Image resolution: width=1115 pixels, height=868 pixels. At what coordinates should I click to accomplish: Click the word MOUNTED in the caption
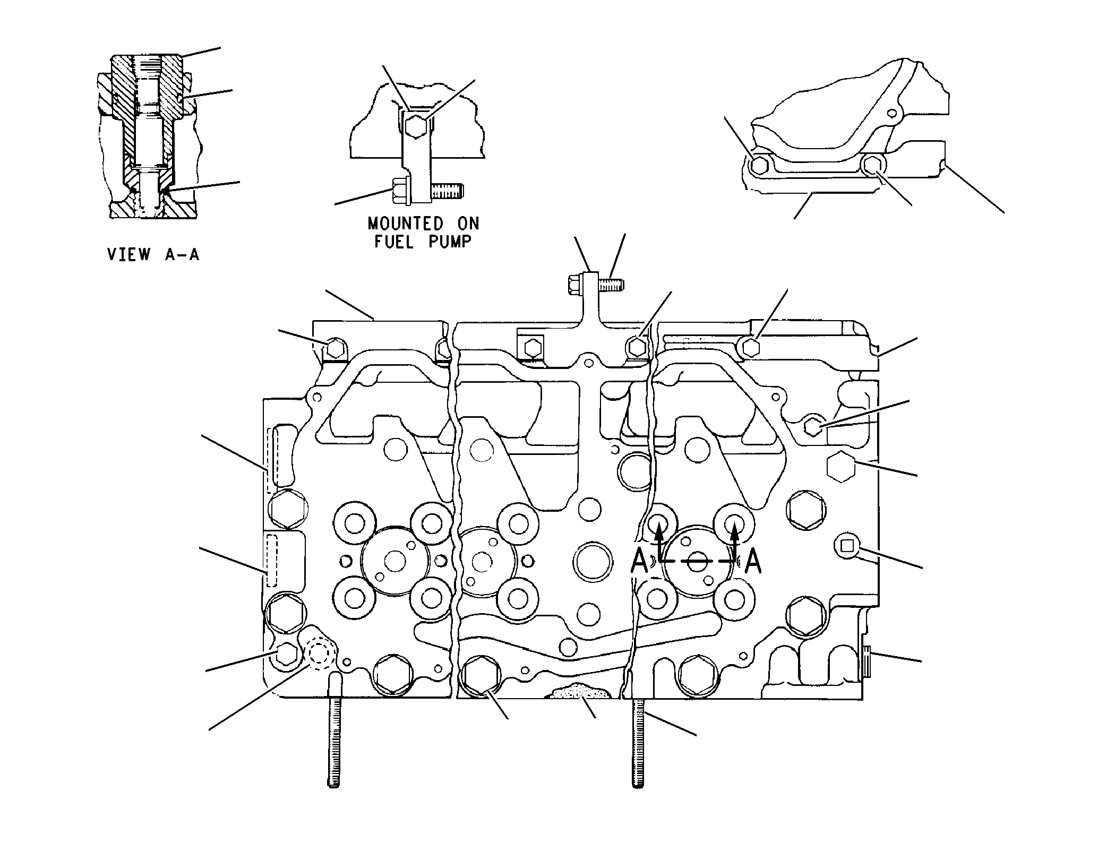click(x=406, y=223)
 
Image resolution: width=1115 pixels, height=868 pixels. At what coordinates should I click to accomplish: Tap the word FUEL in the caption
click(x=394, y=242)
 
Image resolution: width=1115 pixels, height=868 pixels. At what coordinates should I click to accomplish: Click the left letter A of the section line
click(x=640, y=562)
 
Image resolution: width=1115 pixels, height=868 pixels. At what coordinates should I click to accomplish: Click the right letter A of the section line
click(x=753, y=562)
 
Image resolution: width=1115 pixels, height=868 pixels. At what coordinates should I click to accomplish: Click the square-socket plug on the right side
click(x=847, y=545)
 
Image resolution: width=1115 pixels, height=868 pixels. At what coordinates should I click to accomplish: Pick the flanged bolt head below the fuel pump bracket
click(x=399, y=191)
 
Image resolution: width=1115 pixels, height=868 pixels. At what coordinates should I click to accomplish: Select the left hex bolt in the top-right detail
click(x=760, y=165)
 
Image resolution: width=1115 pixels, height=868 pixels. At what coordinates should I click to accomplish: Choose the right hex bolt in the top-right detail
click(x=872, y=166)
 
